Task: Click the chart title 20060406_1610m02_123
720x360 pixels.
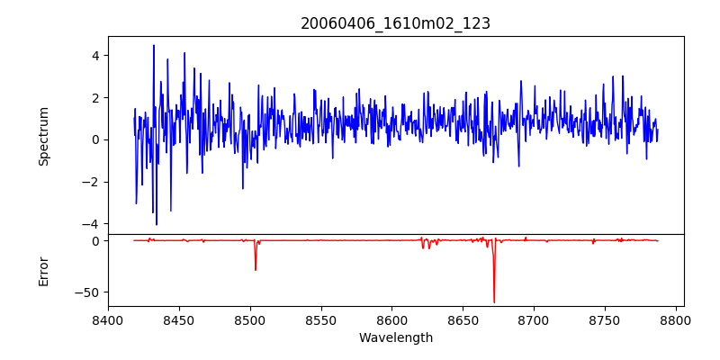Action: (x=395, y=23)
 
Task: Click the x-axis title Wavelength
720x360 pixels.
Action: (x=395, y=337)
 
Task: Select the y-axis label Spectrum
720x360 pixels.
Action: (x=43, y=136)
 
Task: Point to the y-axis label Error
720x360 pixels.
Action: (x=43, y=271)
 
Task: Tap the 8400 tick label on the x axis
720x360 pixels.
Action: (x=108, y=319)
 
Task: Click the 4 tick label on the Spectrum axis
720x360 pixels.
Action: (x=94, y=56)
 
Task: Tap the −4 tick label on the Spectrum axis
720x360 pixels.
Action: (x=90, y=224)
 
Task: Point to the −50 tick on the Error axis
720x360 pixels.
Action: (x=86, y=292)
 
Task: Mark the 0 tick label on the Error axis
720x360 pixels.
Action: (x=94, y=241)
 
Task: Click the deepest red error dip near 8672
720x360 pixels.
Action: (x=494, y=301)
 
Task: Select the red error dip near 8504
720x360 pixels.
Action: (x=256, y=269)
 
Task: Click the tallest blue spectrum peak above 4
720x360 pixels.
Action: (x=154, y=46)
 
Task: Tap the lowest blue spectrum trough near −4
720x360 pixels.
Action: (x=157, y=224)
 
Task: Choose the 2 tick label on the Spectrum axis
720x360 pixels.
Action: (x=94, y=98)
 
